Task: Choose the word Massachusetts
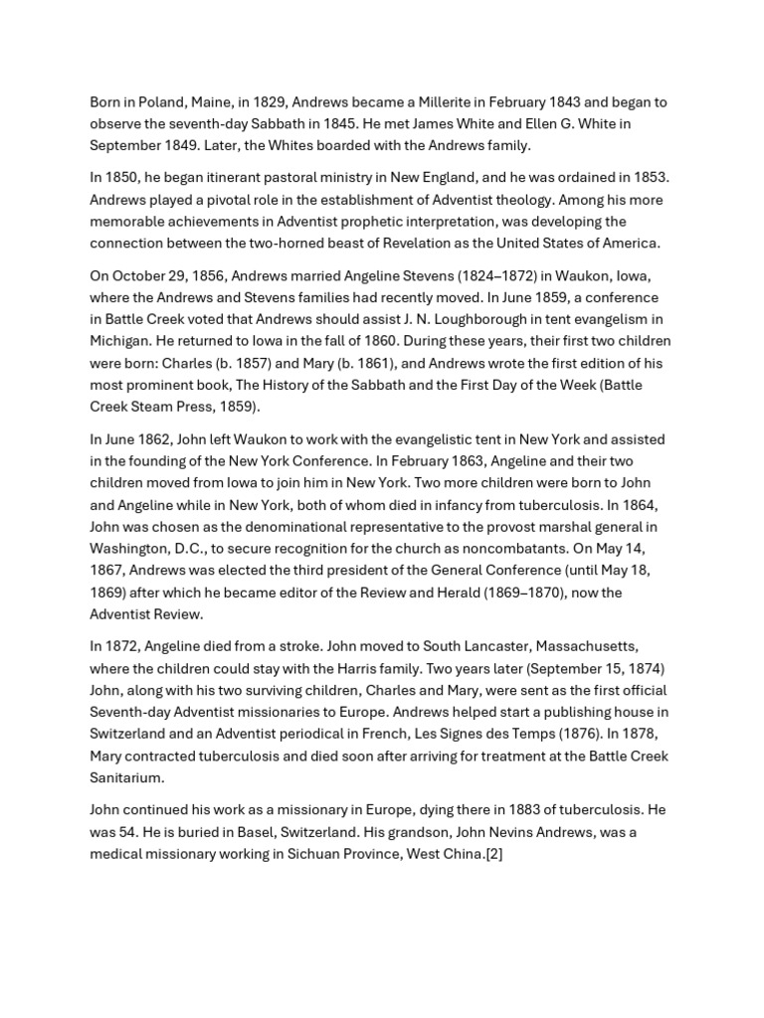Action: pos(573,646)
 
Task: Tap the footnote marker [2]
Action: pos(493,853)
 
